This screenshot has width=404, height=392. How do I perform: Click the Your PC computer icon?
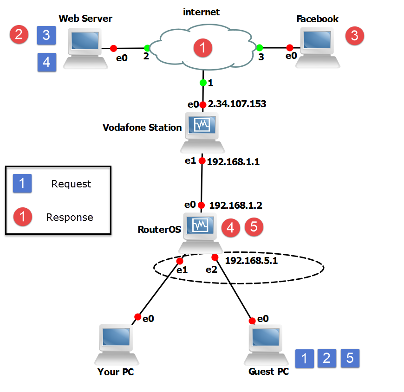point(117,344)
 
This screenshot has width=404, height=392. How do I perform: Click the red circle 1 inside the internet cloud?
point(203,48)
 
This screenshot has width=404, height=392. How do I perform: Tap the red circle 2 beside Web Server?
point(19,34)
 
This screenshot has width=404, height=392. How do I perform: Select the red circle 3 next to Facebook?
point(355,36)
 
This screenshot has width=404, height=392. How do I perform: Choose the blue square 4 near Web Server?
point(47,62)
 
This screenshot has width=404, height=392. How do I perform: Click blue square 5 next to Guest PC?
point(350,358)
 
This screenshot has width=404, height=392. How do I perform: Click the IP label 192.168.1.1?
point(232,162)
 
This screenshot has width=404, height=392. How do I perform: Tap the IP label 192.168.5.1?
point(251,261)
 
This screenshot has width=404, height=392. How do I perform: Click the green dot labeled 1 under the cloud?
point(203,83)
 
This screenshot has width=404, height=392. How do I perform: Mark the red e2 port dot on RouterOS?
point(215,257)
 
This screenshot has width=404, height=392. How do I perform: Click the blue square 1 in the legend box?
point(22,183)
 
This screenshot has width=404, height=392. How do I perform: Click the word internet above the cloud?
point(202,11)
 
